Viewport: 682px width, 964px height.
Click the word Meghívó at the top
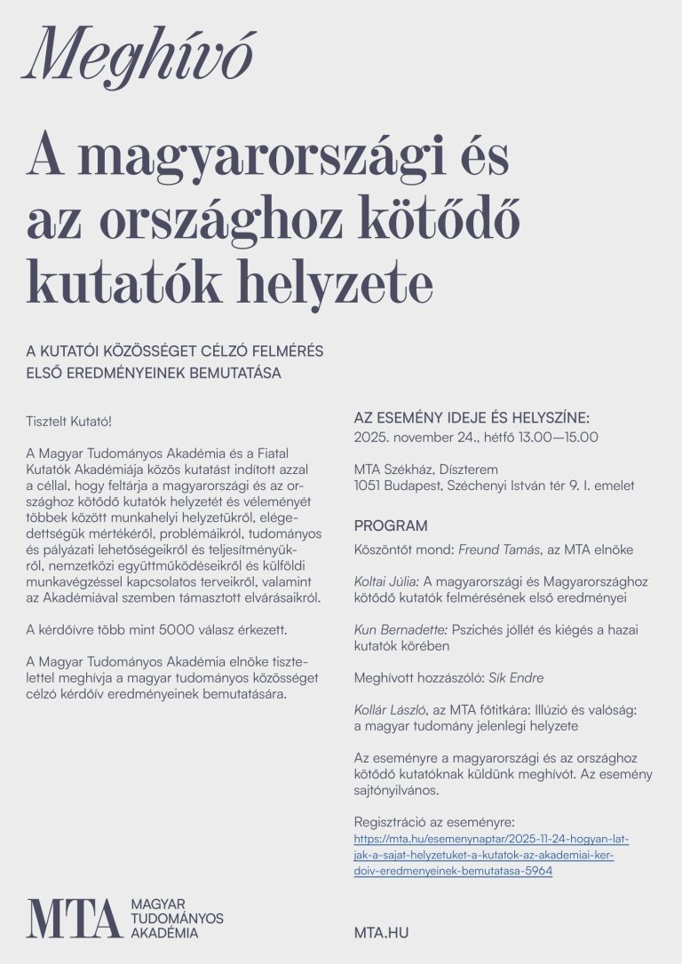(139, 58)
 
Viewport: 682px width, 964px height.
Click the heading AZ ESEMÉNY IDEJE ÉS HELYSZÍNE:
(472, 417)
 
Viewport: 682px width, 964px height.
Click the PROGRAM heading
(391, 525)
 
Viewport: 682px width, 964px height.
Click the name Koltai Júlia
(385, 581)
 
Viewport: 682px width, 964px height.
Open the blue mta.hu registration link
(484, 854)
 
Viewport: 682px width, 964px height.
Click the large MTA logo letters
(74, 918)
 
